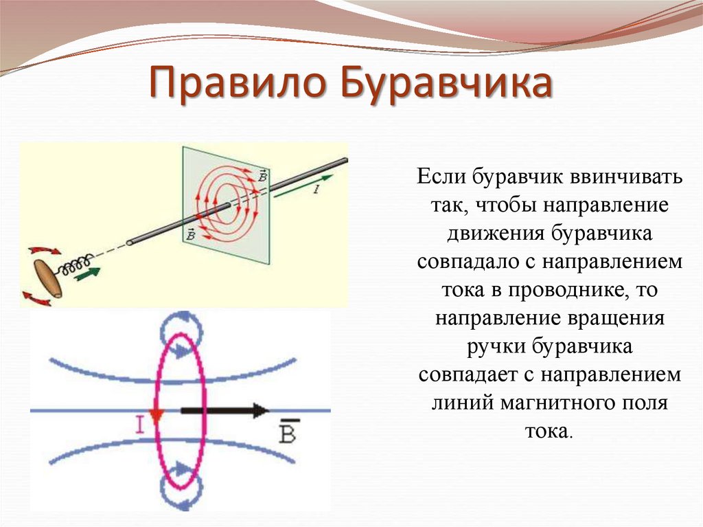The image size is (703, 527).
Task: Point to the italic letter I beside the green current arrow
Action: coord(316,190)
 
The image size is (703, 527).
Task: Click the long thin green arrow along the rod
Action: coord(303,186)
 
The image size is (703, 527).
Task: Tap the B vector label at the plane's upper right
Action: coord(262,177)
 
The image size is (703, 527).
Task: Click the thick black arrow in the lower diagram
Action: coord(224,411)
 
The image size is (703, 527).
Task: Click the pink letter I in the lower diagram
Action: coord(139,425)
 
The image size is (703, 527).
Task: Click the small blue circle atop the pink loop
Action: coord(181,328)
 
